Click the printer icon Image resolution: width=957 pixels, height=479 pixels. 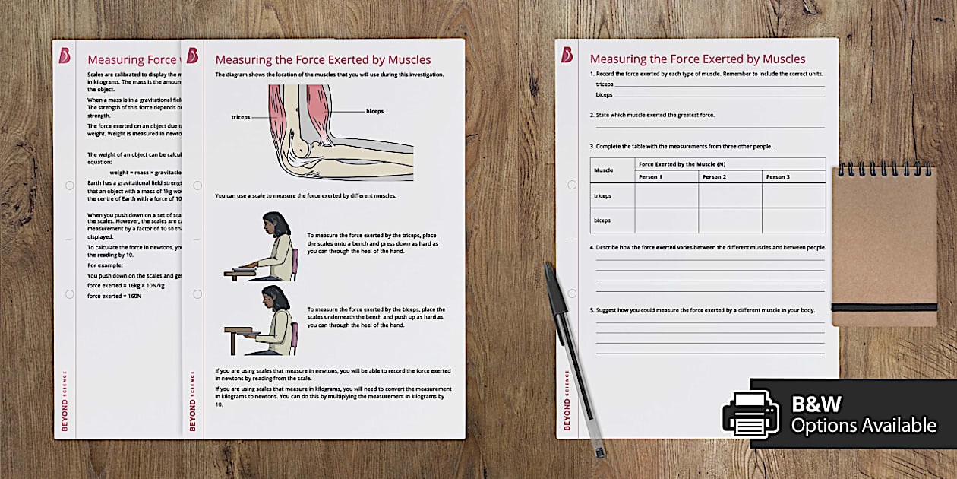click(x=750, y=414)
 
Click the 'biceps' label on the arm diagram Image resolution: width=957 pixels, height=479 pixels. click(x=374, y=111)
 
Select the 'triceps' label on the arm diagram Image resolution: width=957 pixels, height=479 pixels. click(x=241, y=118)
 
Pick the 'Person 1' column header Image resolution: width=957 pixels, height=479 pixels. click(x=650, y=177)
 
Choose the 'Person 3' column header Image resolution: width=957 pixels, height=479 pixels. click(x=778, y=177)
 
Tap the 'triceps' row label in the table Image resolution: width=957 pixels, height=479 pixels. click(x=603, y=196)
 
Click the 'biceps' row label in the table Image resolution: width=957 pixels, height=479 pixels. click(x=603, y=220)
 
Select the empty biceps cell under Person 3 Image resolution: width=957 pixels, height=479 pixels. click(x=794, y=220)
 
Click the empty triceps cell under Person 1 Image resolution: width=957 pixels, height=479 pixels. click(x=666, y=196)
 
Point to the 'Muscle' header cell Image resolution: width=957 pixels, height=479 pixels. click(x=605, y=170)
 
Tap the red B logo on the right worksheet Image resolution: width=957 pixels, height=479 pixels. click(x=567, y=55)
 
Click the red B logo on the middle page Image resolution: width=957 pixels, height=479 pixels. click(x=192, y=56)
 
